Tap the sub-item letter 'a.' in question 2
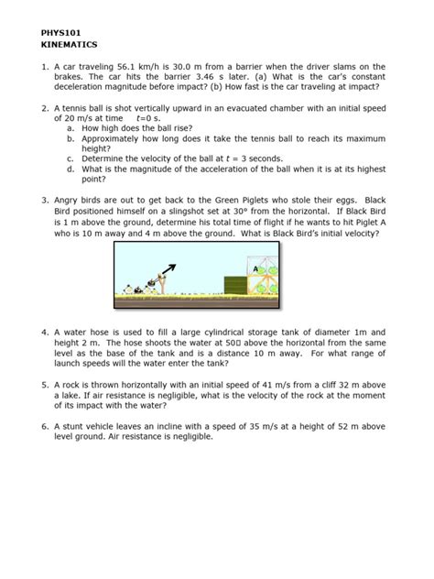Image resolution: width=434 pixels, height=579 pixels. (71, 127)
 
